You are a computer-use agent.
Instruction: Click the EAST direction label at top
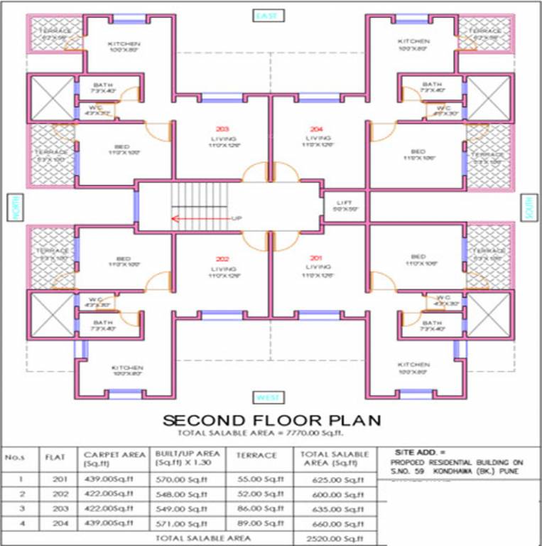tap(270, 15)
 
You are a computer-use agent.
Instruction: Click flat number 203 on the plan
tap(219, 129)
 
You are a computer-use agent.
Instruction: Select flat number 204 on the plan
tap(316, 129)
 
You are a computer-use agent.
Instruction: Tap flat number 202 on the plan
tap(219, 258)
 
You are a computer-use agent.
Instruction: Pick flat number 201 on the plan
tap(316, 258)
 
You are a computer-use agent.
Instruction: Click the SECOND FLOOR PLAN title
tap(271, 419)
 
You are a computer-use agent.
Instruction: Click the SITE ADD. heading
tap(421, 451)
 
